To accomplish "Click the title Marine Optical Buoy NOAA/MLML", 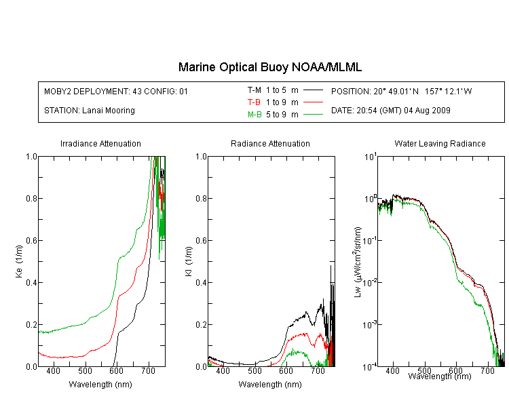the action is [x=269, y=67].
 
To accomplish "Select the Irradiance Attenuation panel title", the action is [x=100, y=143].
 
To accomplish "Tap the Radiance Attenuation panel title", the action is [x=270, y=143].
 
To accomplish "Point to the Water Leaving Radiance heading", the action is [x=440, y=143].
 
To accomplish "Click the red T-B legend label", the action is [x=254, y=102].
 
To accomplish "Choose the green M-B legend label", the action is [x=254, y=114].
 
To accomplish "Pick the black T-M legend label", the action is [x=254, y=90].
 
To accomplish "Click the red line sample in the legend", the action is [x=313, y=102].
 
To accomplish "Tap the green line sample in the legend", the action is [x=313, y=114].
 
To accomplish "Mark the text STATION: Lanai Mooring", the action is [x=90, y=111].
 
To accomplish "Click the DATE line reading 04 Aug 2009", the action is [x=390, y=111].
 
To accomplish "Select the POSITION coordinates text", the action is [x=401, y=91].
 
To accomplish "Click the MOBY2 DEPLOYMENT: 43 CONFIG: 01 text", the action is [x=116, y=91].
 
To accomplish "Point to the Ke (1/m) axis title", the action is [x=19, y=261].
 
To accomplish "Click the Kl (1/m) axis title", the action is [x=189, y=261].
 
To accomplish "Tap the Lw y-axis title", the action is [x=358, y=262].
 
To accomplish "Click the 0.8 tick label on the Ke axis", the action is [x=31, y=198].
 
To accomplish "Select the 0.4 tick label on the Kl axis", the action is [x=201, y=282].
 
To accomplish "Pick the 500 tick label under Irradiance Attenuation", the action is [x=85, y=370].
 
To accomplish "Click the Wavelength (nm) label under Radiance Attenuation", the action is [x=270, y=385].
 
